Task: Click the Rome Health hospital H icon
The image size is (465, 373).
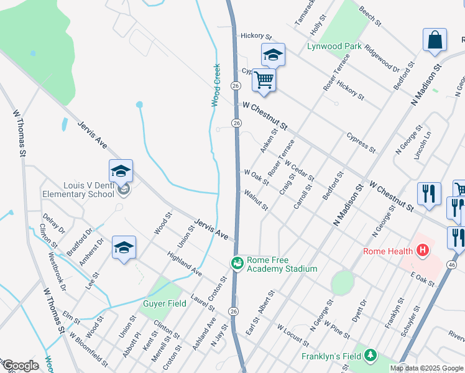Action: [423, 251]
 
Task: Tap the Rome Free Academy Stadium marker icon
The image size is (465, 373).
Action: [237, 264]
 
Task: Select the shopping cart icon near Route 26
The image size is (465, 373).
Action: [264, 80]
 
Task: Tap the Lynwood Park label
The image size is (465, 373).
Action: [334, 46]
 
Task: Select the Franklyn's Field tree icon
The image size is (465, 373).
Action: [371, 356]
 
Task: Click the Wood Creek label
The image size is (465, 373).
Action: [216, 85]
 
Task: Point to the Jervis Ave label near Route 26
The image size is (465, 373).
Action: [211, 228]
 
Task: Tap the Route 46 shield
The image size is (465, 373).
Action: [452, 265]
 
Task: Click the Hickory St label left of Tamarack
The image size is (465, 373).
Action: [257, 36]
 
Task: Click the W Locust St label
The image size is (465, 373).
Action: [293, 335]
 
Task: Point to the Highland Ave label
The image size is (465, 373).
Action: [185, 264]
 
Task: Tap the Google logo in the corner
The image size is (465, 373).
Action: [20, 366]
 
